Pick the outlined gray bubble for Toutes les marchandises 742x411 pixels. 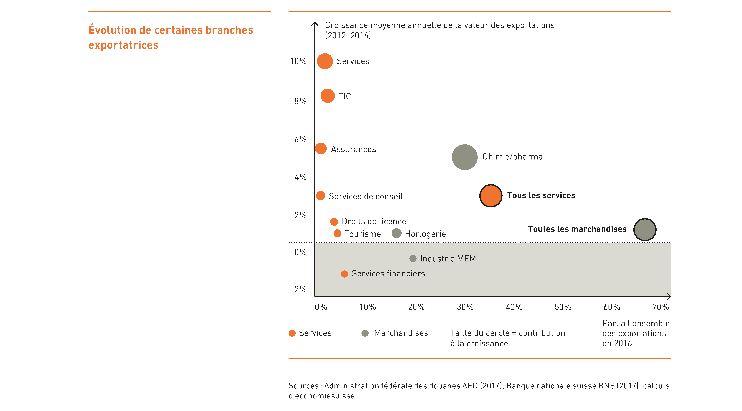pos(645,230)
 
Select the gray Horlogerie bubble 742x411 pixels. pos(397,233)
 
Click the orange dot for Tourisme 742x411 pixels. pos(337,233)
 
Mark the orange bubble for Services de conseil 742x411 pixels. pos(321,196)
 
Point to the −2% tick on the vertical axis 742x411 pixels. pos(298,289)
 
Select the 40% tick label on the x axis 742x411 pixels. pos(514,307)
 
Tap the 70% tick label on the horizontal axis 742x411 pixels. pos(660,307)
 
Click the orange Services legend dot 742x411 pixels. pos(292,333)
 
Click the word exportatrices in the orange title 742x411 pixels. pos(124,45)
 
